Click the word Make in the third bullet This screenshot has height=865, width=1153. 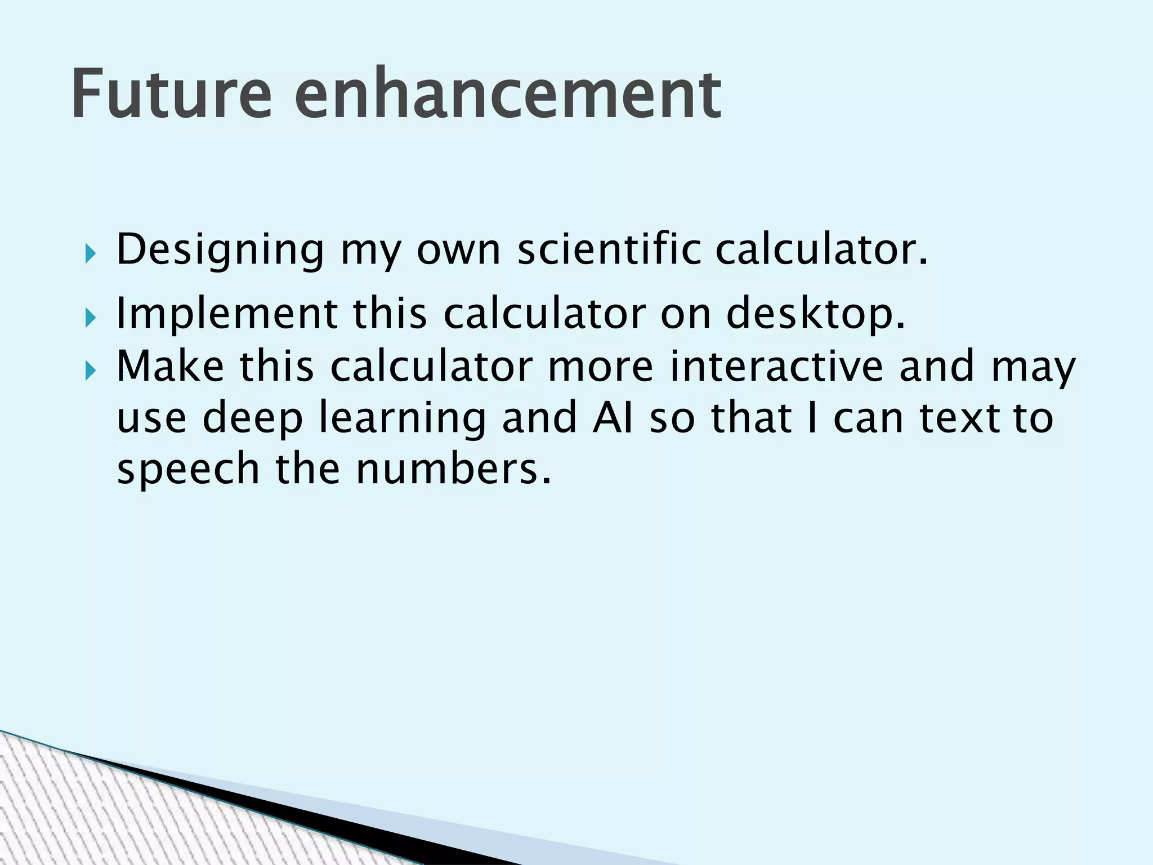tap(170, 366)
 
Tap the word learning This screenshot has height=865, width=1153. tap(402, 418)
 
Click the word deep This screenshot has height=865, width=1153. tap(253, 418)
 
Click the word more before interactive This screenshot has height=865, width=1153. tap(600, 366)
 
